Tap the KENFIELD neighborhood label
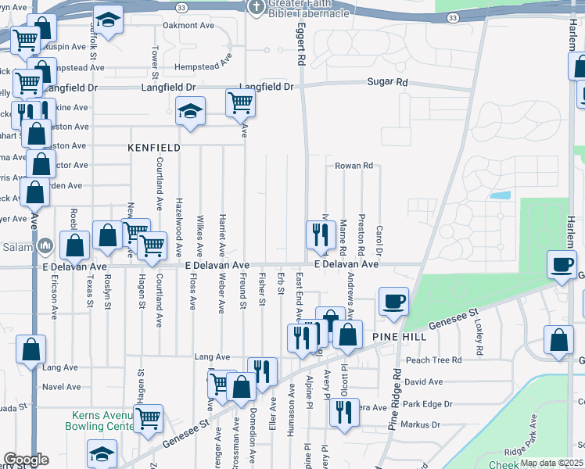(x=154, y=147)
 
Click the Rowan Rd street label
(x=354, y=166)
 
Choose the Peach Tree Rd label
(x=434, y=360)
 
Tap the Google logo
(x=26, y=460)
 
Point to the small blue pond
(x=501, y=195)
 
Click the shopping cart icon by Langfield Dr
(x=240, y=102)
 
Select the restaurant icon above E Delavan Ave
(x=320, y=234)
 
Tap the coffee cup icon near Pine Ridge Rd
(x=393, y=300)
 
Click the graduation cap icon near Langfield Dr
(x=189, y=111)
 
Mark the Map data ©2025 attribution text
(x=551, y=463)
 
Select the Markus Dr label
(x=420, y=424)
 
